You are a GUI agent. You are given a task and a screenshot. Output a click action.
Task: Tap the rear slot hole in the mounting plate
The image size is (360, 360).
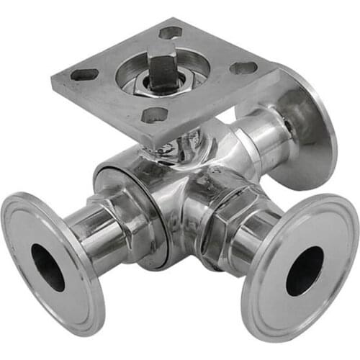tap(170, 32)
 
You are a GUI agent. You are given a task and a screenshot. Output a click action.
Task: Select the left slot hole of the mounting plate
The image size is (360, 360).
tap(85, 74)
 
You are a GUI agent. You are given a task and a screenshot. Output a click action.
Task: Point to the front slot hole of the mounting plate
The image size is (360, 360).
tap(156, 114)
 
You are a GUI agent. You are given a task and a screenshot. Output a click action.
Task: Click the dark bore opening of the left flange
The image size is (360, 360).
tap(48, 267)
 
